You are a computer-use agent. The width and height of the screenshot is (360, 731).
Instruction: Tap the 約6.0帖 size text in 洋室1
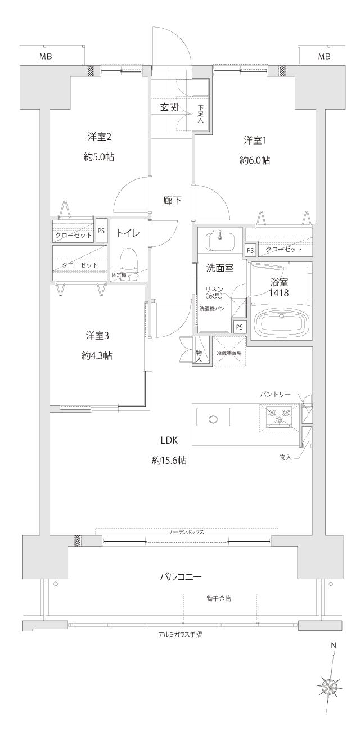tap(254, 160)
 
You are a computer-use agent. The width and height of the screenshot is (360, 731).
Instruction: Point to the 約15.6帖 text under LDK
tap(169, 460)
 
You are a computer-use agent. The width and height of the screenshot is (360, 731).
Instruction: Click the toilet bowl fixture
tap(129, 259)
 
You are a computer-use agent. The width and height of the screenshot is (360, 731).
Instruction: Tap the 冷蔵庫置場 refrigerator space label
tap(229, 353)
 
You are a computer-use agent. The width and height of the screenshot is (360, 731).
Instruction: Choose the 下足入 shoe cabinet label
tap(201, 116)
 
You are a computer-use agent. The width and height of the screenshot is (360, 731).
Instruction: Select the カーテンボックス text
tap(186, 531)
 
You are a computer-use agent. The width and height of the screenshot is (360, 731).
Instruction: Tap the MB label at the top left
tap(46, 56)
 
